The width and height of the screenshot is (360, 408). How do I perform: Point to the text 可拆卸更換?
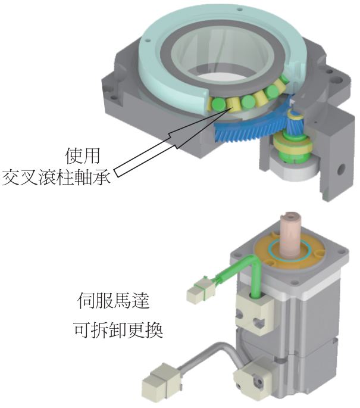point(121,328)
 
